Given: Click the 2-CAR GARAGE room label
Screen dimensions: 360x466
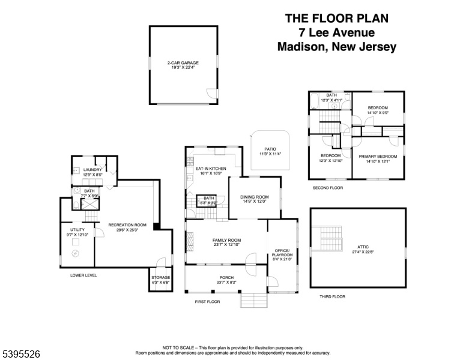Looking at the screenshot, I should (x=183, y=62).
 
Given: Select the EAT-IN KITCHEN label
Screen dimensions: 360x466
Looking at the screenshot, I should (x=210, y=169).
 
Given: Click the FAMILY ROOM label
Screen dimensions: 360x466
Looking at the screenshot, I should (x=226, y=240).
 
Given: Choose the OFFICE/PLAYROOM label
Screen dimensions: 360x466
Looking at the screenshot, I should (x=282, y=253).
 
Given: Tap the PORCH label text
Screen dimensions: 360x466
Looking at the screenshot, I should (x=226, y=277).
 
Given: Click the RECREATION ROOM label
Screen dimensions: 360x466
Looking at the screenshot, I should (x=127, y=224).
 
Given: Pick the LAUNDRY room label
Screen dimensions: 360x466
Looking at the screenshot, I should (x=92, y=170).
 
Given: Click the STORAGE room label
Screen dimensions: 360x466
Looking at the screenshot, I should (x=160, y=278).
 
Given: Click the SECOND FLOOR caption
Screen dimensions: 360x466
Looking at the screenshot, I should (x=328, y=188).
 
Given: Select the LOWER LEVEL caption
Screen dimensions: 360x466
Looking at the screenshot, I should (x=83, y=275).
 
